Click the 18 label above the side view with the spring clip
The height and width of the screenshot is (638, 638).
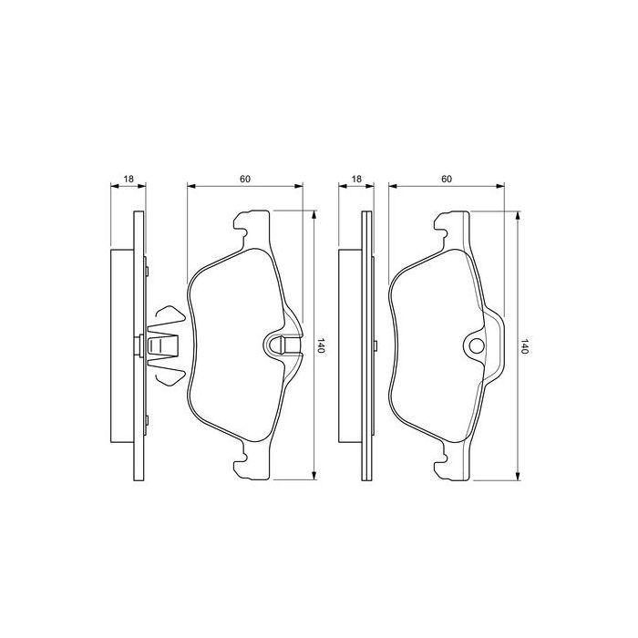click(129, 179)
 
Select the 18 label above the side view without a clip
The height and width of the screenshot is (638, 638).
click(356, 179)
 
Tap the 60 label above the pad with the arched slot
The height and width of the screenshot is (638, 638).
click(246, 179)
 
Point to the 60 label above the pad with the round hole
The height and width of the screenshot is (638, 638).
click(447, 179)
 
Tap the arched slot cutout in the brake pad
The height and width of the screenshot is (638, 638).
click(282, 345)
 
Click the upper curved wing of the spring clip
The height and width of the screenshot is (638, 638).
click(170, 315)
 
